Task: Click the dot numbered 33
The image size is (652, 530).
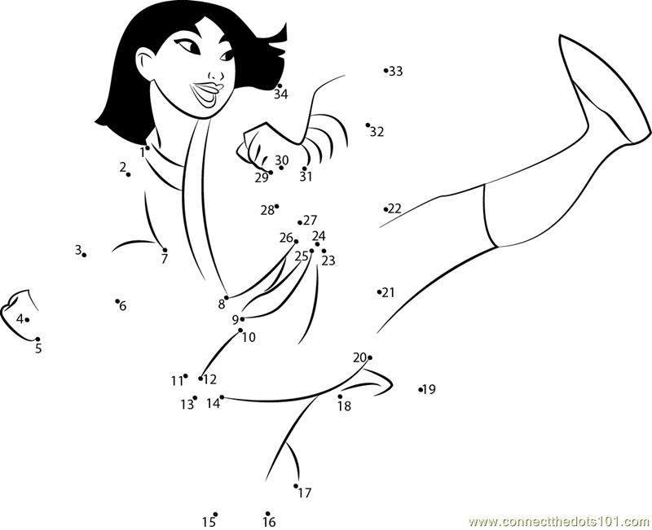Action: tap(385, 71)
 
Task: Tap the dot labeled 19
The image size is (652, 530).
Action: tap(421, 390)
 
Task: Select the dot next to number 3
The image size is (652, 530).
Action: tap(85, 255)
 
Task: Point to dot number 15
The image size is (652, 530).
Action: tap(215, 515)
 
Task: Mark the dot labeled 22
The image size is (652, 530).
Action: tap(385, 209)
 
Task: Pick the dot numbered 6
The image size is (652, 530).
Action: tap(117, 301)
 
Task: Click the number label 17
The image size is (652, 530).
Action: tap(304, 493)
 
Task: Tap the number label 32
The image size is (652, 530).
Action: tap(377, 132)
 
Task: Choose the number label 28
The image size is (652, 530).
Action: tap(267, 211)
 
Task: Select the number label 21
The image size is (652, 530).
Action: tap(388, 293)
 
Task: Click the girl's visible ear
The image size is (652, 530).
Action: tap(144, 64)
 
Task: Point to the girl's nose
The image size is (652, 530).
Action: tap(215, 75)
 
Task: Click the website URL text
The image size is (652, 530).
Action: tap(560, 521)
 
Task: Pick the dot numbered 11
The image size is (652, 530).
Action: tap(186, 376)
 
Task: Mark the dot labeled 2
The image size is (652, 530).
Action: tap(129, 174)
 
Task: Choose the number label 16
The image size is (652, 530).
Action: tap(270, 522)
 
